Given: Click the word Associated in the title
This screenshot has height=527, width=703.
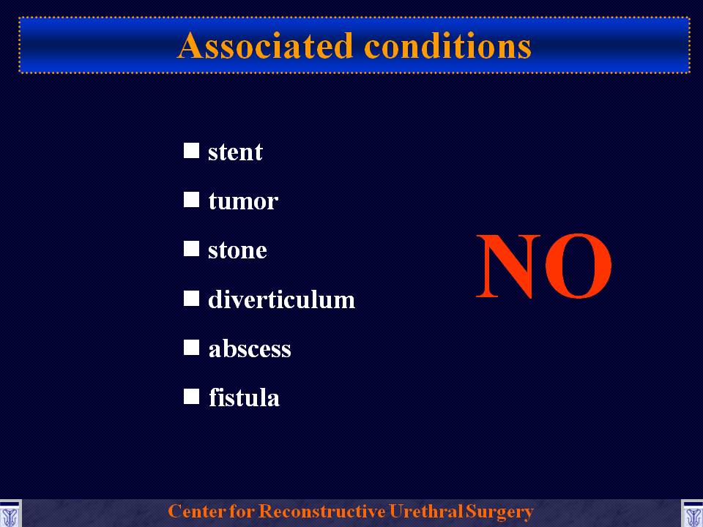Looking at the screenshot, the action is [x=265, y=45].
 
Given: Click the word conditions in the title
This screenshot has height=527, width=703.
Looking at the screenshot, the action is [x=448, y=45].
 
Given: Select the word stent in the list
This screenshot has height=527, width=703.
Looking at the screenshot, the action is [x=235, y=152].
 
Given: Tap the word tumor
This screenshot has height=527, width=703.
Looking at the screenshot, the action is [x=243, y=201].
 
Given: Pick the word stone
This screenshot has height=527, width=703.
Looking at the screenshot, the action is [x=237, y=250].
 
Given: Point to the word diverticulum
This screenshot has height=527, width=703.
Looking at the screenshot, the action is [x=281, y=299].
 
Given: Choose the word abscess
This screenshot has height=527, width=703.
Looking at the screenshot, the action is [x=250, y=348].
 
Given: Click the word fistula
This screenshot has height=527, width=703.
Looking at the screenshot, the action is [x=245, y=397].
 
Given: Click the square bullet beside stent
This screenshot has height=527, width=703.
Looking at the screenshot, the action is [x=191, y=151].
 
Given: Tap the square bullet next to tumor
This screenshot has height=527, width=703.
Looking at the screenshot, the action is [x=191, y=199].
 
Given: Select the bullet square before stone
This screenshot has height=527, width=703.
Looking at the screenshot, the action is [x=191, y=249].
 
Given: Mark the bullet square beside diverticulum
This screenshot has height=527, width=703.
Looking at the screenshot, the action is [x=191, y=298].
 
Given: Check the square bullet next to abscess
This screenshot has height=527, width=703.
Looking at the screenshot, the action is [x=191, y=347].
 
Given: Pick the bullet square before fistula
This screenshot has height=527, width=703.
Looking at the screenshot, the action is [x=191, y=397].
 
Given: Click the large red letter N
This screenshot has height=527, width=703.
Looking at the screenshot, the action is [x=508, y=266].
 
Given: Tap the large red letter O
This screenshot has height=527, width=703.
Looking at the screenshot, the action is [x=579, y=266].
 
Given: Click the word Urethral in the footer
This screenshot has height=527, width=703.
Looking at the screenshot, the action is [x=425, y=511].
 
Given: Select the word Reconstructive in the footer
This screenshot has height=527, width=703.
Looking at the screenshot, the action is [x=322, y=511].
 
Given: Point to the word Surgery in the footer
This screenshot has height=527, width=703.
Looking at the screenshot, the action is [x=499, y=512].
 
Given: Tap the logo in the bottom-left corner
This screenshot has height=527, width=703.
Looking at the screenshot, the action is [x=10, y=514].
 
